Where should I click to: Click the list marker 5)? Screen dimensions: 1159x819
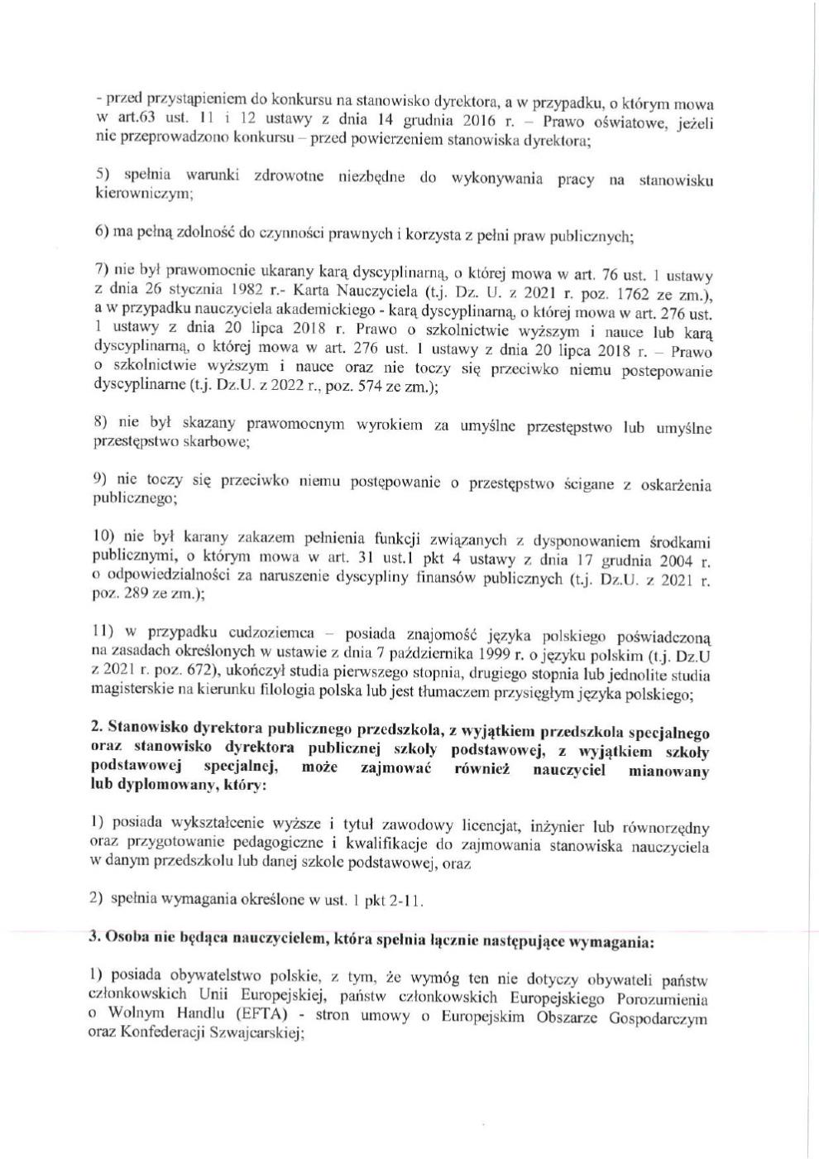click(103, 176)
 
